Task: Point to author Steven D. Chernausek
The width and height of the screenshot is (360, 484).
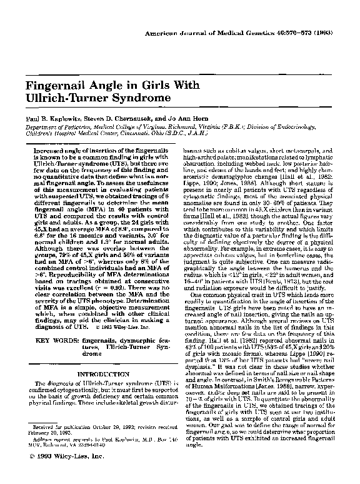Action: click(116, 117)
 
